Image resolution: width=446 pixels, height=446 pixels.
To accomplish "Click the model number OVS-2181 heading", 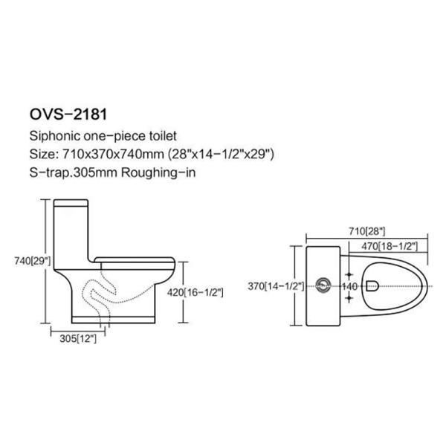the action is (68, 114).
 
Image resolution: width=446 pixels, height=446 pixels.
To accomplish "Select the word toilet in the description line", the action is (163, 136).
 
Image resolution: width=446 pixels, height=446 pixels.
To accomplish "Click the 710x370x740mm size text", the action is (113, 154).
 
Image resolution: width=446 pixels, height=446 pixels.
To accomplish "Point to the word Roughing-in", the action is (158, 172).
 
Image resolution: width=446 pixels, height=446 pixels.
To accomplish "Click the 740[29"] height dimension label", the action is (33, 261).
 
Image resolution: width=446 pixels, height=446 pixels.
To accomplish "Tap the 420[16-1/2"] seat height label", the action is (195, 292).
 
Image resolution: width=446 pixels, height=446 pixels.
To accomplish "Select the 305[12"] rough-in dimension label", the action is (78, 338).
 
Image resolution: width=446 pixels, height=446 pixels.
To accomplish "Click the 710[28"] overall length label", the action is (367, 231).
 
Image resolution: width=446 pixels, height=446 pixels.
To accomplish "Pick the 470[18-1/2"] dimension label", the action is (390, 246).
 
